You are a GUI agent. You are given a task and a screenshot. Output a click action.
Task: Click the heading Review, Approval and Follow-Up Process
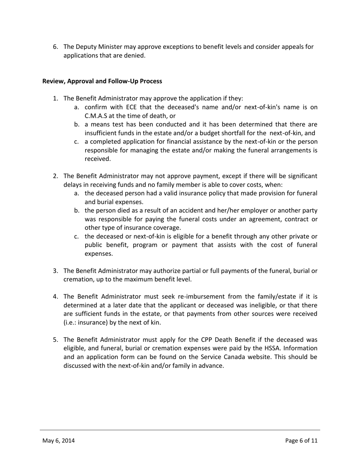point(102,81)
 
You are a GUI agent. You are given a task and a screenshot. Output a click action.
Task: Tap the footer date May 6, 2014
point(58,441)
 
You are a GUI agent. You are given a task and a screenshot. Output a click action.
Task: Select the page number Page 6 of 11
point(301,441)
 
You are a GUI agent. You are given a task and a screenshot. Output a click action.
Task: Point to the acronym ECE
point(131,107)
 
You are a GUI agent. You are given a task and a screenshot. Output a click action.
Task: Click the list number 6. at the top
point(55,47)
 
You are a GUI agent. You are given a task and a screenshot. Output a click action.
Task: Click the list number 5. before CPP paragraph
point(55,340)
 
